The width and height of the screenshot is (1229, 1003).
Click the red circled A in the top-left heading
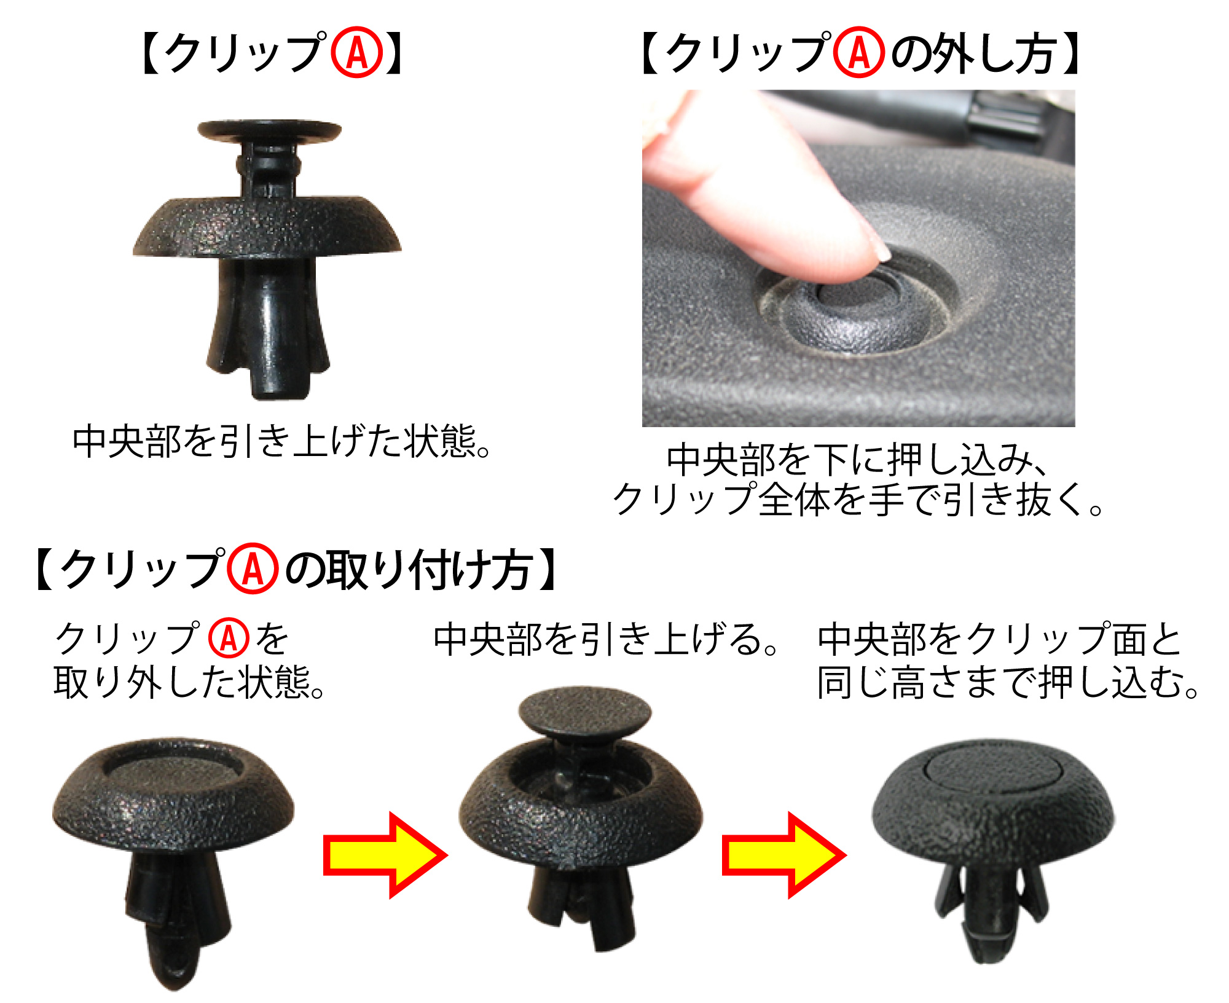pos(357,52)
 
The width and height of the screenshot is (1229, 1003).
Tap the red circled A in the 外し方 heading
pos(859,52)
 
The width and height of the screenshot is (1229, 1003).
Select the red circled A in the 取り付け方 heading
pos(253,568)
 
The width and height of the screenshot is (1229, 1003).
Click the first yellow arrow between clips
pos(385,855)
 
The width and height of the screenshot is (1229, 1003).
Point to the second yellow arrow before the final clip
pos(784,855)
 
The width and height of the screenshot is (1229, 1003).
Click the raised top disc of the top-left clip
pos(269,131)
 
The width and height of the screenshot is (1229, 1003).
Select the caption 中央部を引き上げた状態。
pos(281,441)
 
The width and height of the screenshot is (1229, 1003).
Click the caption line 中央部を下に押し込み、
pos(857,460)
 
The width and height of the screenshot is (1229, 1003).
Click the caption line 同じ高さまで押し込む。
pos(1008,682)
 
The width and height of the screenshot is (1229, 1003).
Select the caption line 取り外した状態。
pos(189,682)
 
